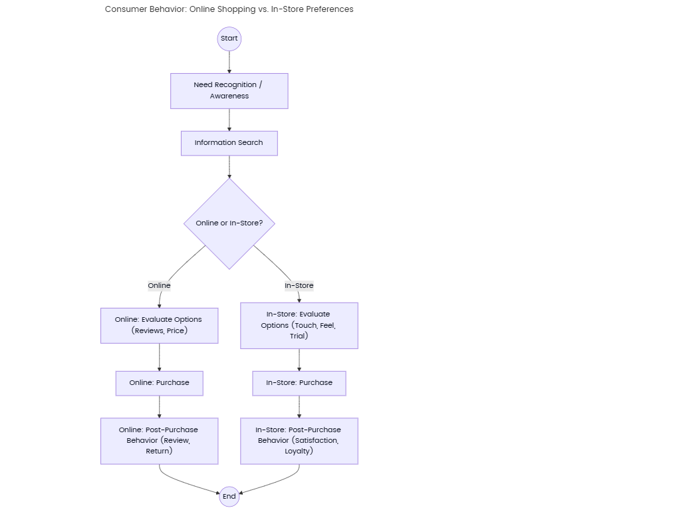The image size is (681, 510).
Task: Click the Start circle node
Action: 229,39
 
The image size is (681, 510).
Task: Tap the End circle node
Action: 229,496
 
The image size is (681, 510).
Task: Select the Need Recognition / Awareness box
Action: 229,90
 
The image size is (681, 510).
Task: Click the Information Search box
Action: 229,143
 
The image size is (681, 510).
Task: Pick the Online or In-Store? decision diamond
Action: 229,223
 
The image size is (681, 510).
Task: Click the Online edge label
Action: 159,285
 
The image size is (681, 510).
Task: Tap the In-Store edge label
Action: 299,285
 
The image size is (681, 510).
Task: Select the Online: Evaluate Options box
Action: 159,325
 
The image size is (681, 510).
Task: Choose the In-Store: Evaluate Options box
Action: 299,325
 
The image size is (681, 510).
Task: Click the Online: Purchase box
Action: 159,383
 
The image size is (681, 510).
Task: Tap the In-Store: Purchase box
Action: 299,383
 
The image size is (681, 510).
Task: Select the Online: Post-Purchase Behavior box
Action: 159,440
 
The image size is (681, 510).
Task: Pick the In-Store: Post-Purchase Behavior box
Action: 299,440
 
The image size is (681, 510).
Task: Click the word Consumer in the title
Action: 124,9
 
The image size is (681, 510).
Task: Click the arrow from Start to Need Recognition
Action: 229,62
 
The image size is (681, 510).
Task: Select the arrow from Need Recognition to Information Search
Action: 229,120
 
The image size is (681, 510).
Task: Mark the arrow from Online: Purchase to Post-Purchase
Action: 159,406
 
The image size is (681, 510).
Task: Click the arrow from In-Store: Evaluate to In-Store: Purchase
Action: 299,360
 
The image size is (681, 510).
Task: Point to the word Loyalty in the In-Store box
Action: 299,451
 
